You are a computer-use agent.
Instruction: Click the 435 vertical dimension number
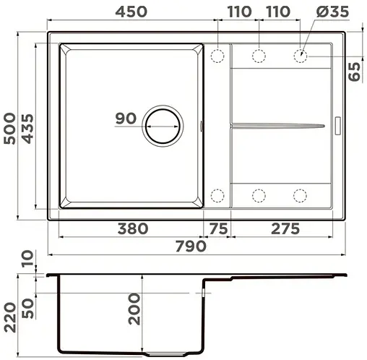[30, 127]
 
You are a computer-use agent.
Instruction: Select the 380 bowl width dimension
[132, 229]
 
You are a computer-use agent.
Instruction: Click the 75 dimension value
[217, 229]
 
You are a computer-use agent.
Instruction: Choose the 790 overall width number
[189, 246]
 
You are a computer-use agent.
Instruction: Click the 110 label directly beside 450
[238, 11]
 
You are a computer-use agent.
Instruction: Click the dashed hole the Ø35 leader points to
[301, 55]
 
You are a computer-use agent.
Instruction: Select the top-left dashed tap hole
[217, 56]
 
